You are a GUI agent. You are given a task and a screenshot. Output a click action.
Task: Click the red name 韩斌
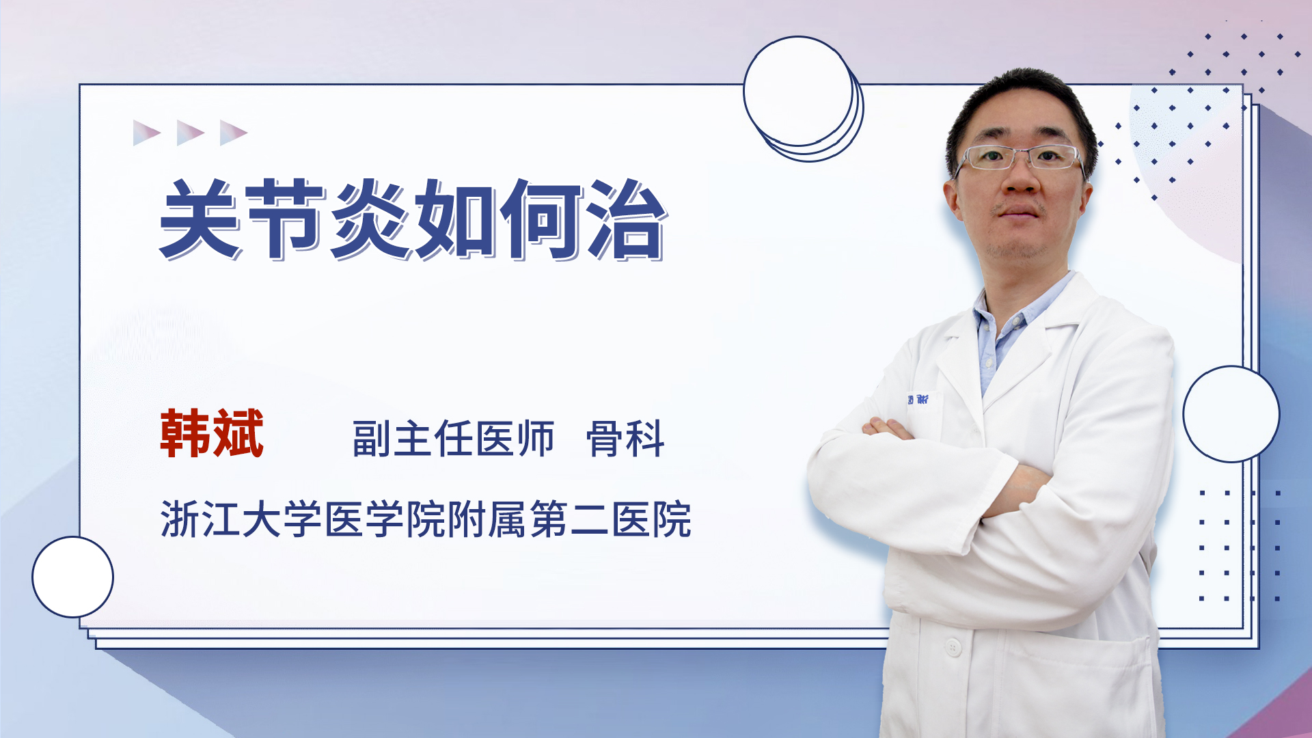tap(212, 433)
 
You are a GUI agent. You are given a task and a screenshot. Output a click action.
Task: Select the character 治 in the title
tap(627, 219)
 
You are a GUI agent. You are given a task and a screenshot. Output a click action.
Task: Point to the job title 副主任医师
tap(453, 439)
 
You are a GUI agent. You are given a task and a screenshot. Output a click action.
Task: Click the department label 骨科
tap(625, 439)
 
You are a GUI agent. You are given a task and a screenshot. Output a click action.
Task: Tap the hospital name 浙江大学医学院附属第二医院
tap(426, 519)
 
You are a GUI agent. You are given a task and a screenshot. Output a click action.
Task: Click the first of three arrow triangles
tap(146, 133)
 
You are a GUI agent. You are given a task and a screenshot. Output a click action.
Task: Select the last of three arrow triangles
tap(233, 133)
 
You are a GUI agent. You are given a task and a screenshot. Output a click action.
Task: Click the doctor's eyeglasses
tap(1020, 158)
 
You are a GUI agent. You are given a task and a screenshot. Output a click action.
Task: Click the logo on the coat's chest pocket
tap(918, 399)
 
